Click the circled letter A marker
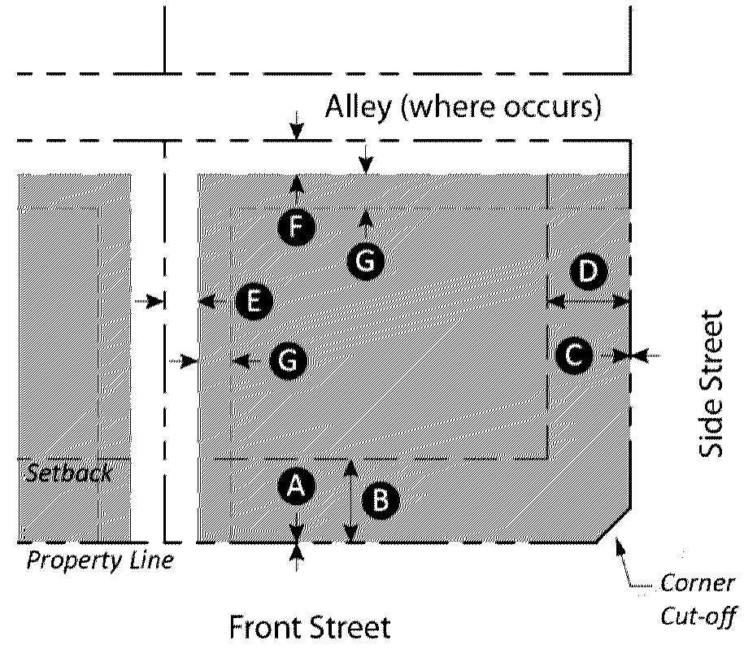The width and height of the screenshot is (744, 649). [296, 486]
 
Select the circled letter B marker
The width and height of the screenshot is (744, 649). [380, 500]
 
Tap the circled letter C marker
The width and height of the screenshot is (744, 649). [575, 355]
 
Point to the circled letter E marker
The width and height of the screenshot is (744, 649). [254, 303]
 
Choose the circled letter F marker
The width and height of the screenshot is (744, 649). [297, 227]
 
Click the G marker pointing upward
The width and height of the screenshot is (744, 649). [366, 260]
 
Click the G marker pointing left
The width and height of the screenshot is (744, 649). [289, 360]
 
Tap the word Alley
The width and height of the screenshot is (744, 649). [357, 107]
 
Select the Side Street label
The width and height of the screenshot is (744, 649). [711, 383]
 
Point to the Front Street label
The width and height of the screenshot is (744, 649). [310, 628]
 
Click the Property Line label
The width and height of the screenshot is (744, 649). [100, 560]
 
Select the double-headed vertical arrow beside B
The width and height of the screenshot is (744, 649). [350, 501]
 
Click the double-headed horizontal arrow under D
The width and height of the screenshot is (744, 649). [589, 302]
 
